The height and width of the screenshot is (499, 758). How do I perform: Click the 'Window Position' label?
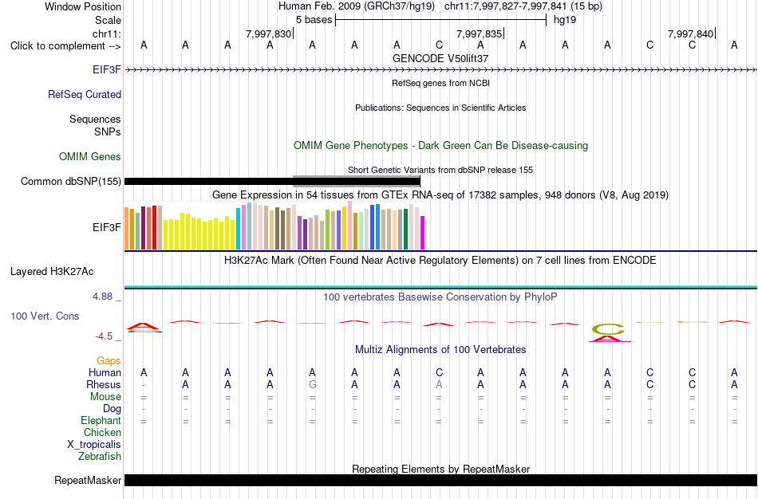[83, 6]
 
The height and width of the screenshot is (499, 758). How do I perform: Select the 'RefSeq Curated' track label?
[85, 94]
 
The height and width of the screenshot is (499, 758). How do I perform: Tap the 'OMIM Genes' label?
[90, 156]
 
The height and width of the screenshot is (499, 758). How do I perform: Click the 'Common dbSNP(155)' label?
[71, 181]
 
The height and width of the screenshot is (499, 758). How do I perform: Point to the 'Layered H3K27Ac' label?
[52, 272]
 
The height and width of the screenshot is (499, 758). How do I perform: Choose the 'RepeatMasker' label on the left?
[88, 480]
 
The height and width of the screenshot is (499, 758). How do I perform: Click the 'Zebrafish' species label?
[100, 456]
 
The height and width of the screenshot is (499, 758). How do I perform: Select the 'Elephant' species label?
[101, 420]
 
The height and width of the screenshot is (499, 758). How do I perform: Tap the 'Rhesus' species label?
[104, 384]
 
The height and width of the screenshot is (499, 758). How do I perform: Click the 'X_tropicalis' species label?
[94, 445]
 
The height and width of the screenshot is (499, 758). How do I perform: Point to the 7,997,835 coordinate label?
[480, 33]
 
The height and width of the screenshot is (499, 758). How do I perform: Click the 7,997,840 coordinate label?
[690, 33]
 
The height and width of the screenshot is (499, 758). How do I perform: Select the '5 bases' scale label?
[314, 20]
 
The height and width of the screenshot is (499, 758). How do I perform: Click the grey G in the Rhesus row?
[312, 384]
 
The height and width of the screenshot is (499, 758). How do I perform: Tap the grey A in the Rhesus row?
[439, 384]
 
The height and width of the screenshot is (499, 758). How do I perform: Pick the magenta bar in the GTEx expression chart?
[423, 233]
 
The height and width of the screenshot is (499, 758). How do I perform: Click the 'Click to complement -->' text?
[65, 46]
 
